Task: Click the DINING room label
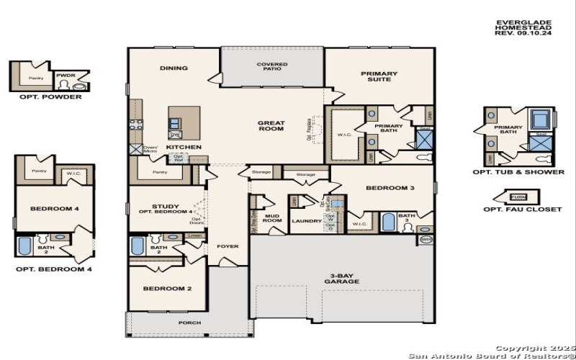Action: click(x=174, y=68)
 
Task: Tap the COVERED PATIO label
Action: click(x=272, y=68)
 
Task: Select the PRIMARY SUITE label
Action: click(x=379, y=76)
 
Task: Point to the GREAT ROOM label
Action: click(x=271, y=126)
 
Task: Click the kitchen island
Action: click(x=184, y=122)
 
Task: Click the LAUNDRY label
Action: click(x=306, y=221)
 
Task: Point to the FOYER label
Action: click(x=228, y=246)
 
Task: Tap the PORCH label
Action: click(x=189, y=323)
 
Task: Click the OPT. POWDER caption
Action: click(x=45, y=96)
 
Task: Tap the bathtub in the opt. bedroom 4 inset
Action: click(x=25, y=246)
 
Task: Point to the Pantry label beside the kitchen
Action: click(x=161, y=173)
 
